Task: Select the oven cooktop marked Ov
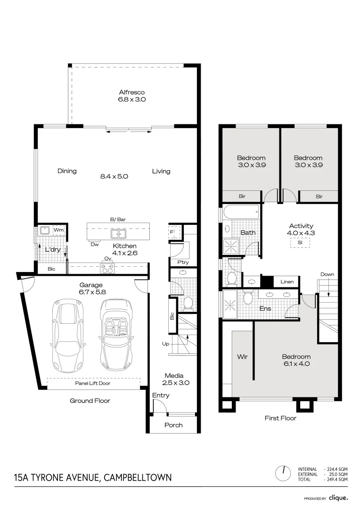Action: click(x=108, y=268)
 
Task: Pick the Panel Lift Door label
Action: click(x=93, y=384)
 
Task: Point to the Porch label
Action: click(x=173, y=425)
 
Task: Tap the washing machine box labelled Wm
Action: click(x=58, y=230)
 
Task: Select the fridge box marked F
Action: click(x=172, y=232)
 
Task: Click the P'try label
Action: click(x=183, y=262)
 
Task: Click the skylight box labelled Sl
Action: click(x=300, y=243)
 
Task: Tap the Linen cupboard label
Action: click(x=287, y=282)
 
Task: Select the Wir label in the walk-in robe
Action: click(x=242, y=357)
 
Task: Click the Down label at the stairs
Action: click(x=327, y=274)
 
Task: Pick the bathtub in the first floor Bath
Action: click(x=242, y=212)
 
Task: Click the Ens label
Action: click(x=265, y=309)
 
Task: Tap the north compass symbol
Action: click(x=284, y=471)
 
